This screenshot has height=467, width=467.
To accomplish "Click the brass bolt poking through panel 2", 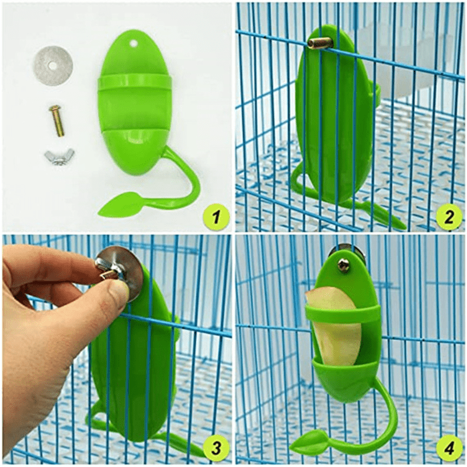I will pyautogui.click(x=319, y=43).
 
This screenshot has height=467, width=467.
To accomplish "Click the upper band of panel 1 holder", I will pyautogui.click(x=134, y=82).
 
